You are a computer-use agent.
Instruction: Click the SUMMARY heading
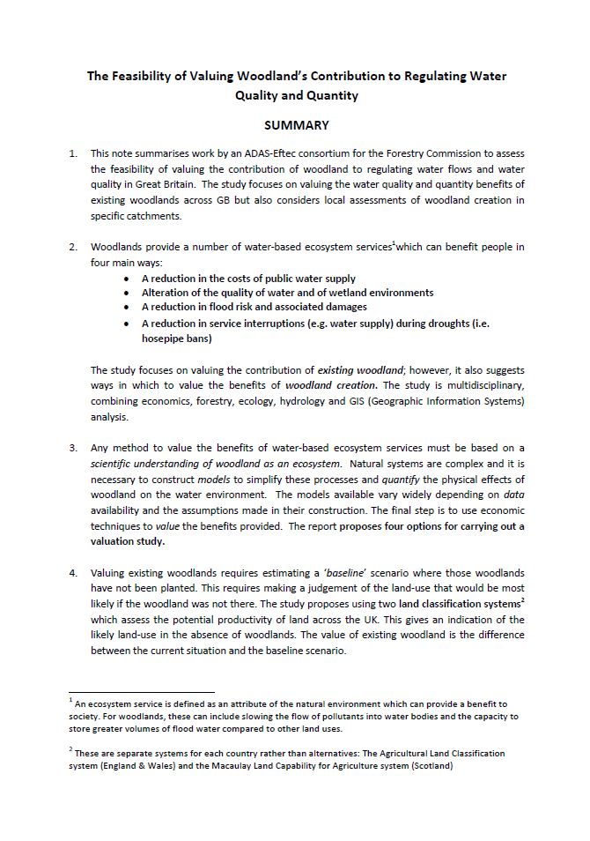tap(295, 126)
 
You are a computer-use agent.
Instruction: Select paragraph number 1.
tap(73, 153)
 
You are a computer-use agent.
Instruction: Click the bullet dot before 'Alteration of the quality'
tap(129, 293)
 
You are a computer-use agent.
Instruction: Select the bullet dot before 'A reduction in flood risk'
tap(129, 307)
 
